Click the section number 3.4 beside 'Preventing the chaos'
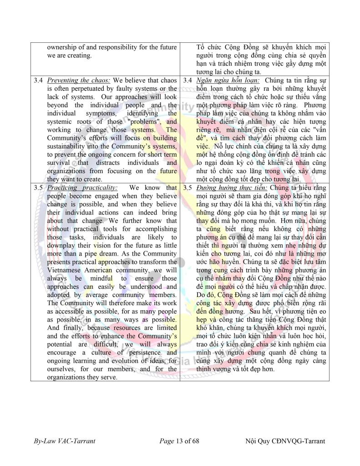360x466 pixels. tap(38, 81)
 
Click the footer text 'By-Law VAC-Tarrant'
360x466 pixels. tap(64, 441)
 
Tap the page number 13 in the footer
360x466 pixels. tap(181, 441)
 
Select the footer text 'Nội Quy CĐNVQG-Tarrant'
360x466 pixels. tap(285, 441)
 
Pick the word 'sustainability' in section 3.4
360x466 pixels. tap(70, 146)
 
